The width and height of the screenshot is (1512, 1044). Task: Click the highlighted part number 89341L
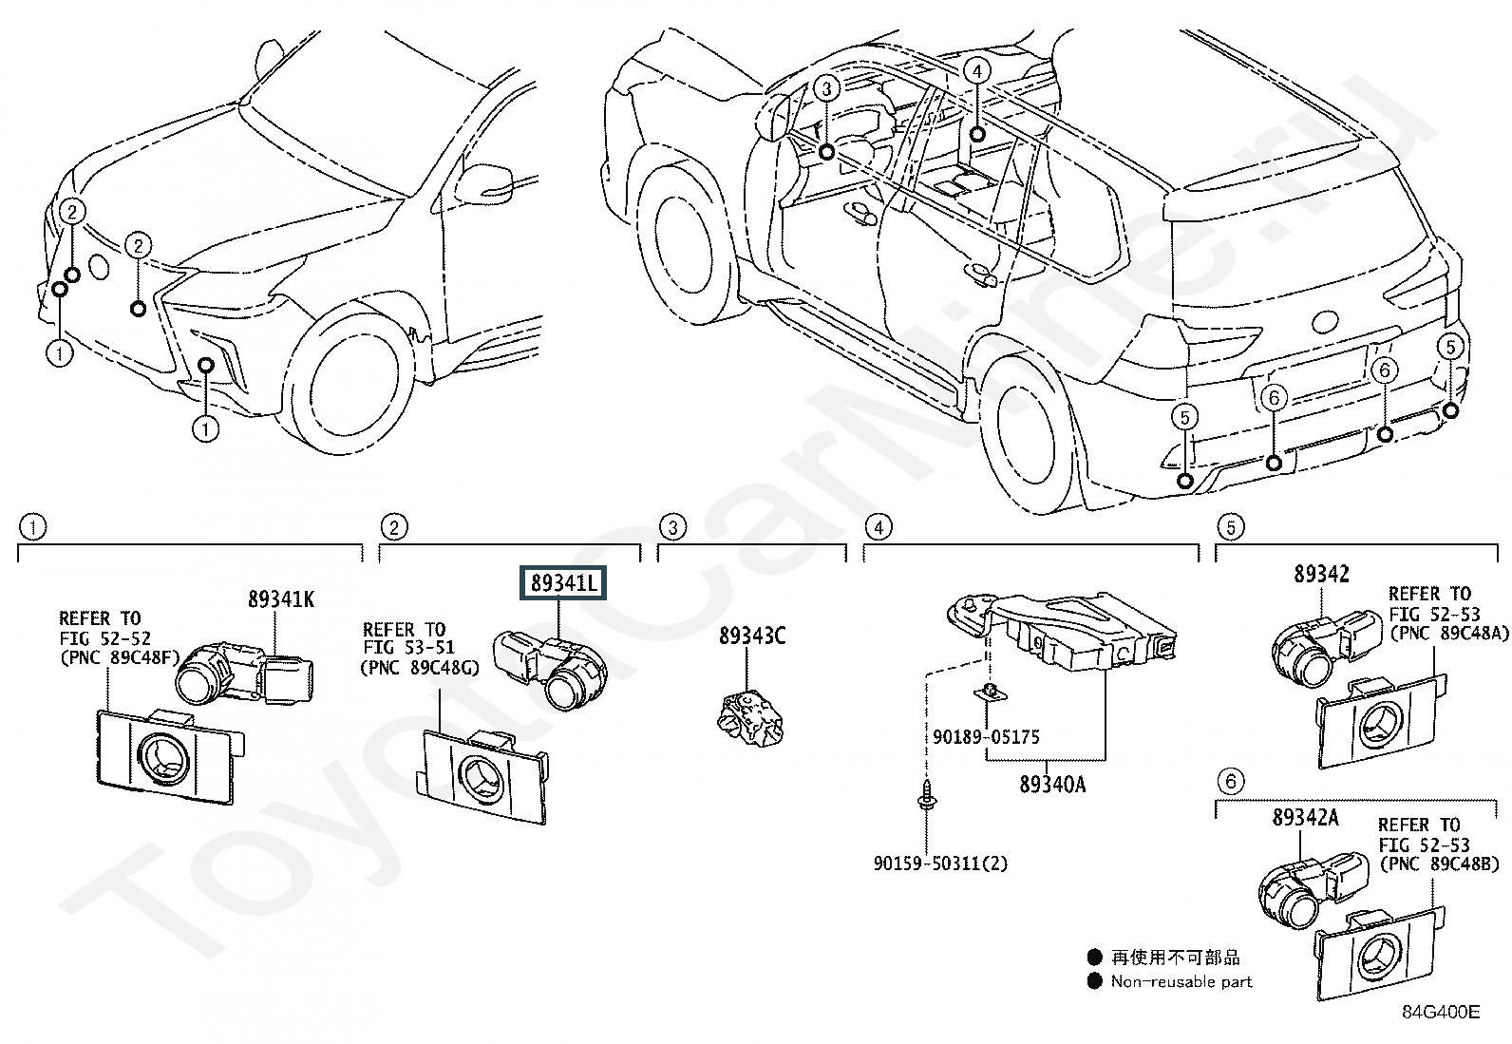pos(563,582)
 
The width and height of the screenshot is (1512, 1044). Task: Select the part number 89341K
pos(281,599)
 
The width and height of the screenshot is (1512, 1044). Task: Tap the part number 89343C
pos(752,636)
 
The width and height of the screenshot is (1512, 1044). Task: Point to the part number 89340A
pos(1052,785)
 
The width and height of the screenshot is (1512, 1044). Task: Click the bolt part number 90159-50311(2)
pos(940,863)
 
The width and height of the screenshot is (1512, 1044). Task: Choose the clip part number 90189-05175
pos(986,736)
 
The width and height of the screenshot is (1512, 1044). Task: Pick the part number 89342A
pos(1306,817)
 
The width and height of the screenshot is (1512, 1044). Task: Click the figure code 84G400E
pos(1441,1012)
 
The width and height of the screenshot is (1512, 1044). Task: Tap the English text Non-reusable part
pos(1181,981)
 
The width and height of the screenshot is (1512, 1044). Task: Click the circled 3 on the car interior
pos(827,88)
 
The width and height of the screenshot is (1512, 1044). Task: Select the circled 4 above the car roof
pos(977,71)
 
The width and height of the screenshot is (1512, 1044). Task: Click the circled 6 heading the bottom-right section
pos(1231,781)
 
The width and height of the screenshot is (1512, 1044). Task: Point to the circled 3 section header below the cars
pos(672,526)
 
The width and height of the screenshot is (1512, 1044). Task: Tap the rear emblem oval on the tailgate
pos(1325,321)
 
